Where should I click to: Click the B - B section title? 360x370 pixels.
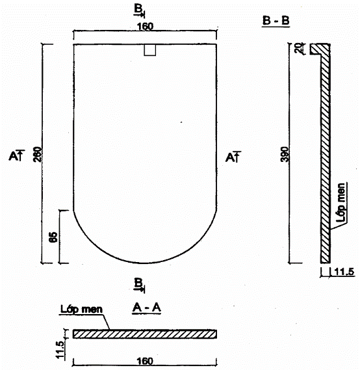[276, 21]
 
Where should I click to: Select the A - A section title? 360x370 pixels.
[147, 308]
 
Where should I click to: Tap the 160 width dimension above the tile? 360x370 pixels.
[145, 27]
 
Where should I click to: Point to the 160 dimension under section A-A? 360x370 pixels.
[145, 361]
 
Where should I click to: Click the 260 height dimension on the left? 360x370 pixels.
[37, 154]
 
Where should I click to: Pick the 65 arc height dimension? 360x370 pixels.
[53, 237]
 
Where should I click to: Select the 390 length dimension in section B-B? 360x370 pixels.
[285, 154]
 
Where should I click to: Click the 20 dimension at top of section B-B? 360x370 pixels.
[300, 48]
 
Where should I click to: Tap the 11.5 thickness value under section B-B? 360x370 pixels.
[344, 272]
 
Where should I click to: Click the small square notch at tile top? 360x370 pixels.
[150, 50]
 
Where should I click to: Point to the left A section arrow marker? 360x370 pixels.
[17, 155]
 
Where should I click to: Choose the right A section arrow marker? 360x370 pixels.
[233, 157]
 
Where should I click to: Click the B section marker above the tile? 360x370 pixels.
[139, 11]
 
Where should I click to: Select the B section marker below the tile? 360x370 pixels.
[139, 285]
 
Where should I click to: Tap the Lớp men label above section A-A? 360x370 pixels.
[81, 310]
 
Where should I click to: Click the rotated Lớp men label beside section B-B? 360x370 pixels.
[341, 202]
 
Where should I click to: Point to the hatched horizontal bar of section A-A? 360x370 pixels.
[145, 334]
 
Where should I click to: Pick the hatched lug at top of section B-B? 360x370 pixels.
[320, 49]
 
